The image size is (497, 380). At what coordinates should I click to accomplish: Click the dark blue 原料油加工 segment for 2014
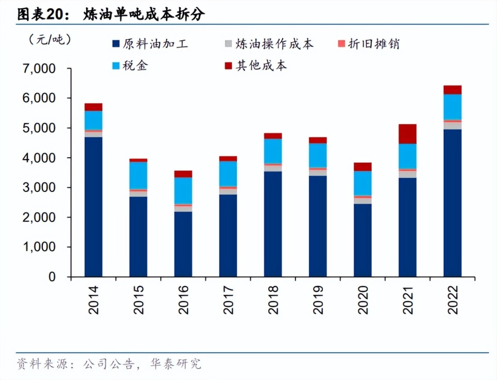point(94,207)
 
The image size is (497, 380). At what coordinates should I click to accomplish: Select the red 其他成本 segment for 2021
point(407,134)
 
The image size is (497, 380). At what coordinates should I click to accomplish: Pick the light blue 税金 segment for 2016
point(183,191)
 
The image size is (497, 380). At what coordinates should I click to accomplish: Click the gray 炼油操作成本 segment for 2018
point(273,168)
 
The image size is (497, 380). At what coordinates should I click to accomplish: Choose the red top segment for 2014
point(94,107)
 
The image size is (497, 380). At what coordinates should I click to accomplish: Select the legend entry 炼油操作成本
point(269,44)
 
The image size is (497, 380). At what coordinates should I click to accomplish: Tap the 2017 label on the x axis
point(228,300)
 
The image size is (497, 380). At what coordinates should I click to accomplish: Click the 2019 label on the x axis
point(318,300)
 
